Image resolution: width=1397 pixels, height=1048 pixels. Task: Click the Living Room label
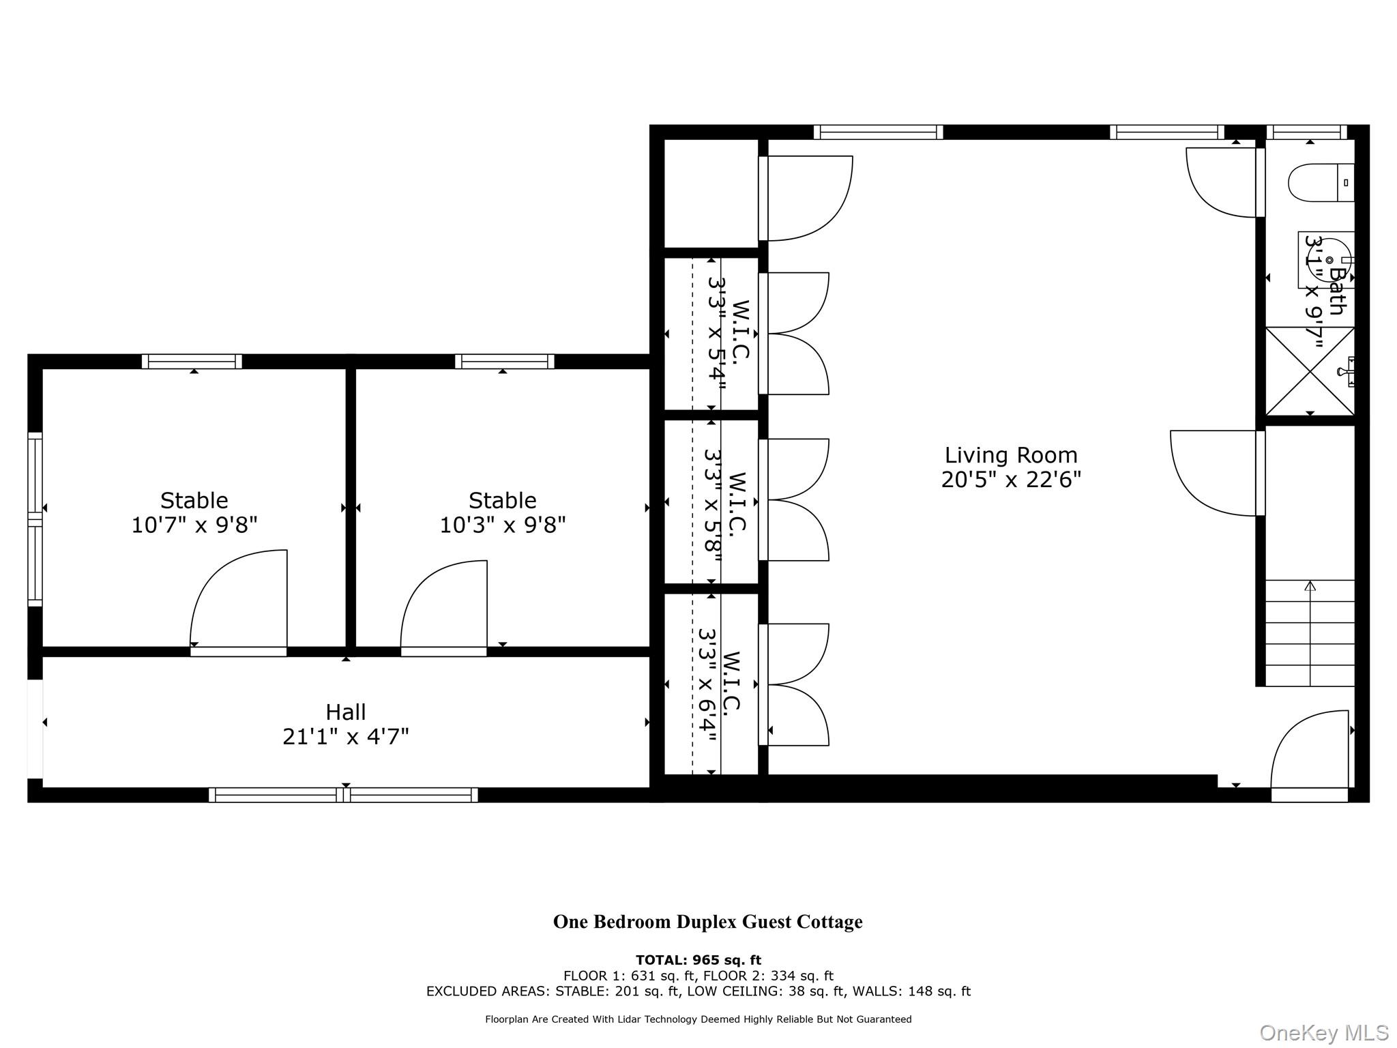click(x=1010, y=455)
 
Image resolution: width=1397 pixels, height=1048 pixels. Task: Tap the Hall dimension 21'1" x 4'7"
click(x=346, y=737)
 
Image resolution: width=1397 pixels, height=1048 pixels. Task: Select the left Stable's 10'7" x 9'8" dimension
click(x=194, y=525)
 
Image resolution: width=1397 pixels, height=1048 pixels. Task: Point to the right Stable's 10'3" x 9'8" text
click(x=503, y=525)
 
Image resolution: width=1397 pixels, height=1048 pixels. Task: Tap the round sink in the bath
click(x=1327, y=261)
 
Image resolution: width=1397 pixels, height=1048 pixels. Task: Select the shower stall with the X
click(x=1309, y=371)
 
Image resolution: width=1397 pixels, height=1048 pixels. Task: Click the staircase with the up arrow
click(x=1310, y=632)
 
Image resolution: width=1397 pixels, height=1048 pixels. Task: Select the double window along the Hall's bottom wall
click(x=343, y=795)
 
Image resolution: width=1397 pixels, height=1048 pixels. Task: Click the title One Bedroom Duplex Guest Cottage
click(x=707, y=922)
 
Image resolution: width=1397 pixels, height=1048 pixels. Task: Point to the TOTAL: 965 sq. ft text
click(x=698, y=961)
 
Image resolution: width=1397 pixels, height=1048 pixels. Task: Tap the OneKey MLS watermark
click(x=1323, y=1033)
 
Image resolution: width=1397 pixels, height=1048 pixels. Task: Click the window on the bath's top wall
click(x=1306, y=132)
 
